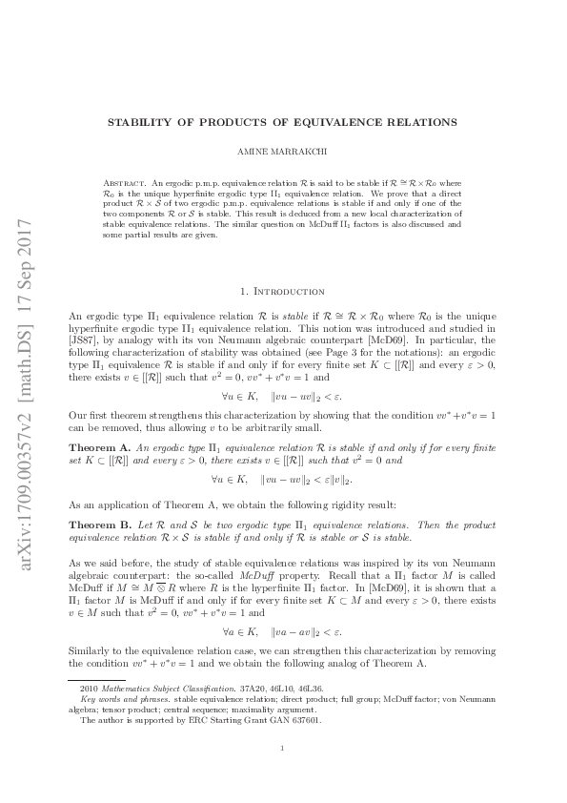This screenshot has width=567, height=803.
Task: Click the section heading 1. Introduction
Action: pyautogui.click(x=283, y=291)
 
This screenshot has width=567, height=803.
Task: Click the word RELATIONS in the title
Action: pyautogui.click(x=417, y=122)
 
